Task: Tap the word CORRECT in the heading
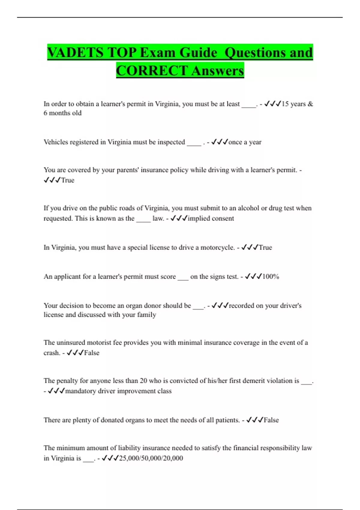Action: (x=152, y=71)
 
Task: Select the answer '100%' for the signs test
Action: (x=271, y=277)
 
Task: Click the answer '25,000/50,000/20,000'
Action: (x=151, y=458)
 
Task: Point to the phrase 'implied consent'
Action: (x=211, y=218)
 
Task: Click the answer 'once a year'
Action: (x=245, y=142)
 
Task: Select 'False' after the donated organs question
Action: (x=271, y=420)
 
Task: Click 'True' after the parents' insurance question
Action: (x=67, y=180)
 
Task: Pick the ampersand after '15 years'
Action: (x=310, y=104)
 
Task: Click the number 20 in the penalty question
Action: (x=143, y=381)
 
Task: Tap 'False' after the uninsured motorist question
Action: (x=91, y=353)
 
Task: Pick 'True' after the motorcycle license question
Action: (x=265, y=247)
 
